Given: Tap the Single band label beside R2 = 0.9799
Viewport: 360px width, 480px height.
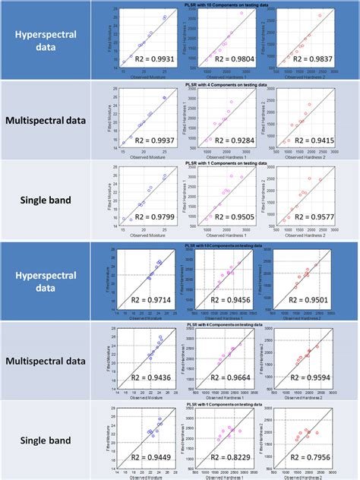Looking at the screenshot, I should click(x=50, y=200).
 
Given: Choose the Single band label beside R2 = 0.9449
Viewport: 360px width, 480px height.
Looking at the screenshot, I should click(x=50, y=441).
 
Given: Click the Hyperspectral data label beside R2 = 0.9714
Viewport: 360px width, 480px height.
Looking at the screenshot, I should click(x=50, y=281).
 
